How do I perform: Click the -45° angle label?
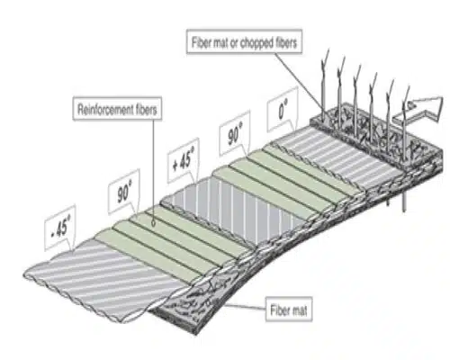coord(60,228)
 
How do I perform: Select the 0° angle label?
coord(283,110)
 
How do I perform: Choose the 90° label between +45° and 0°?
coord(235,134)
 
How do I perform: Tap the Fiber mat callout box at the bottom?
coord(289,310)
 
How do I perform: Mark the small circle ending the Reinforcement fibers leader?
coord(154,223)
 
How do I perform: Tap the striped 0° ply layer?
coord(339,156)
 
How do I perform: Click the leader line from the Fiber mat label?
coord(245,307)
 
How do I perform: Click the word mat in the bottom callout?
coord(299,310)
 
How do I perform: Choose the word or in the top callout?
coord(233,44)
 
